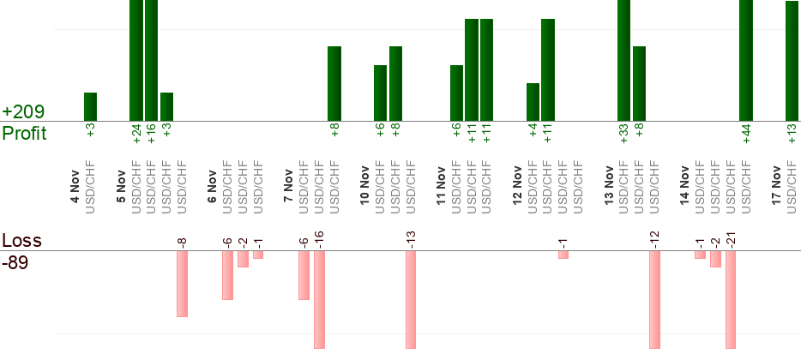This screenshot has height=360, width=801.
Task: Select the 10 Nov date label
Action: point(365,189)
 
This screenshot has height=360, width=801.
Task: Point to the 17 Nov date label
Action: point(777,189)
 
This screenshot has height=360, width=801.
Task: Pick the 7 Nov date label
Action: point(289,189)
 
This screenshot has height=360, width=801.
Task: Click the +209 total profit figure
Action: point(23,112)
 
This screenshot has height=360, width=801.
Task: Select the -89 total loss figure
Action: point(15,262)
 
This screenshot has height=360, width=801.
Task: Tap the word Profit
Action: point(24,134)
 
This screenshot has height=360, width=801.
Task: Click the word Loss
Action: point(21,240)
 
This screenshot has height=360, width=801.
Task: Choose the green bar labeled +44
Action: point(746,60)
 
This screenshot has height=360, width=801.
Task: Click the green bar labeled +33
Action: point(623,60)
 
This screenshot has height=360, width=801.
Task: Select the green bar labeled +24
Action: point(136,60)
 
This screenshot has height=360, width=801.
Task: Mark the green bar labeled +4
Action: point(533,102)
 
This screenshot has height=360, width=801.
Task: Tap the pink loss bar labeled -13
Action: point(411,300)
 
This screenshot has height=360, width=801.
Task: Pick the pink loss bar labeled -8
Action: point(182,284)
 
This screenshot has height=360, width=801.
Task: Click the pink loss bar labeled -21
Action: point(731,300)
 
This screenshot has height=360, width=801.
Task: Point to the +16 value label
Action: point(152,135)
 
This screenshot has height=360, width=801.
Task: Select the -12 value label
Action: point(655,239)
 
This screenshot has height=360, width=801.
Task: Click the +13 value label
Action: point(792,135)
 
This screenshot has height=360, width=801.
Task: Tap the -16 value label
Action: point(320,239)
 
